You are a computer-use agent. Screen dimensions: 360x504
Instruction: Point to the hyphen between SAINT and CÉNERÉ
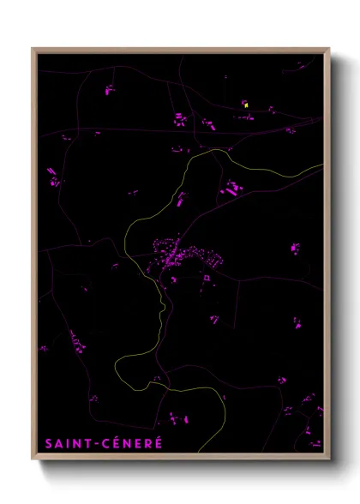click(96, 444)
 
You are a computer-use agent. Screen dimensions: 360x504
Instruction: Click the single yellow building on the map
click(245, 105)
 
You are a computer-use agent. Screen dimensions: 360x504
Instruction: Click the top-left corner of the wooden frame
click(33, 49)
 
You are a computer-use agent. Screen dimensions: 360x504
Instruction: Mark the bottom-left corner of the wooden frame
click(33, 459)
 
